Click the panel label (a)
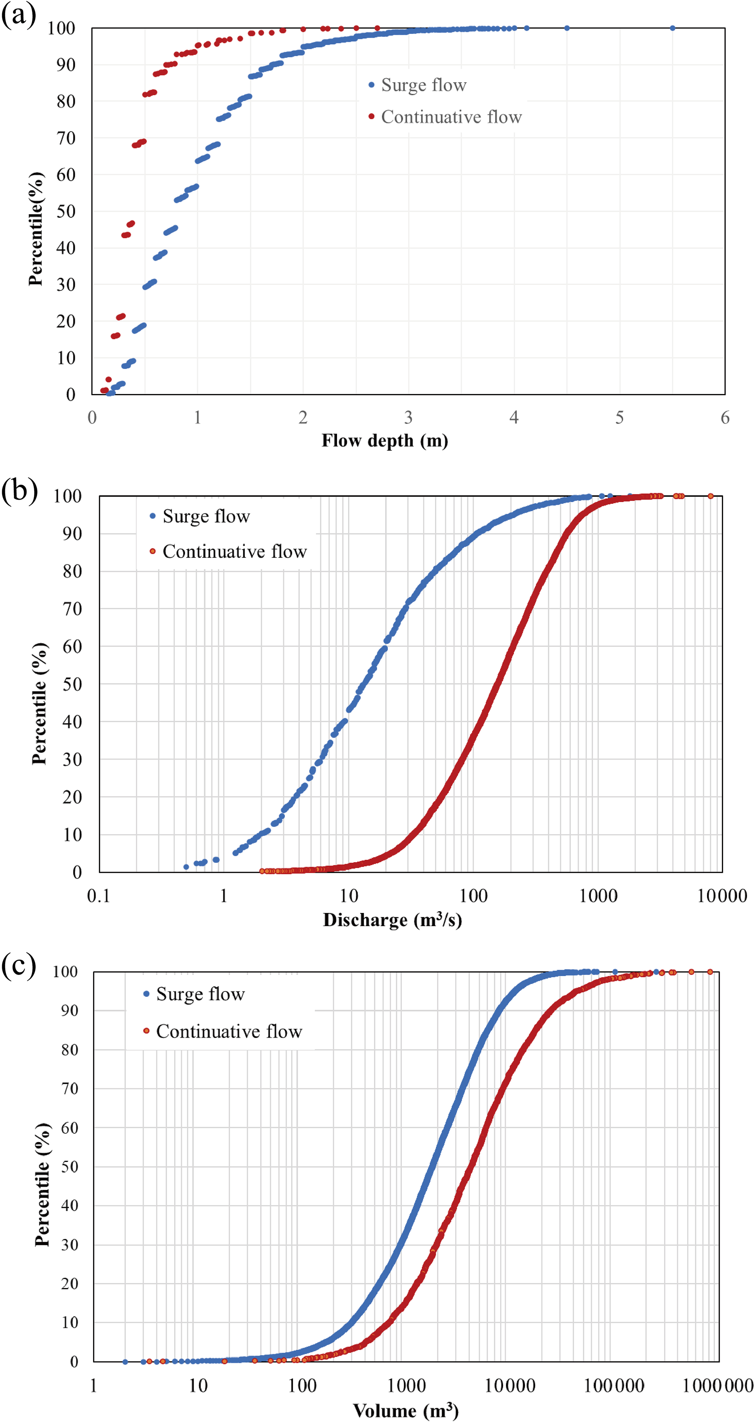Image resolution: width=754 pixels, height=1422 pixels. [x=18, y=15]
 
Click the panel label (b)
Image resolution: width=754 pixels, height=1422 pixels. [x=19, y=490]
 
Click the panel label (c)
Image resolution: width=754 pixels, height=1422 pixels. [x=19, y=966]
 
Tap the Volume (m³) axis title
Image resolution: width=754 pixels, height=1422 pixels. [x=406, y=1410]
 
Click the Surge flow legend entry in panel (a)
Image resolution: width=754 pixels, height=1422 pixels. [x=424, y=85]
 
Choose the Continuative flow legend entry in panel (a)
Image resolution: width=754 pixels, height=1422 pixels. [x=451, y=117]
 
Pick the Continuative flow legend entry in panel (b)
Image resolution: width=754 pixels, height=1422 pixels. [x=234, y=551]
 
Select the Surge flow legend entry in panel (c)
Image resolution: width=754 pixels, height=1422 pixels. [x=200, y=994]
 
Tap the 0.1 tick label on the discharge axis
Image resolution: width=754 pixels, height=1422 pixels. [x=99, y=895]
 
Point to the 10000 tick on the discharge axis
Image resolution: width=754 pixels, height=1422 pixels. [x=722, y=895]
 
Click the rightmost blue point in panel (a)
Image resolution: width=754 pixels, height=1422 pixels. [x=672, y=28]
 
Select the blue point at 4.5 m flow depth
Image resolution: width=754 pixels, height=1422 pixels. [x=567, y=28]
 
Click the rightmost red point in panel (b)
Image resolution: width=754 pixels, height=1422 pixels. [x=710, y=496]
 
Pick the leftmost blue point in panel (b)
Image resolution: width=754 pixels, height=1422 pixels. [x=186, y=867]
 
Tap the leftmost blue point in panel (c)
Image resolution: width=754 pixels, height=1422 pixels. [x=125, y=1362]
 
